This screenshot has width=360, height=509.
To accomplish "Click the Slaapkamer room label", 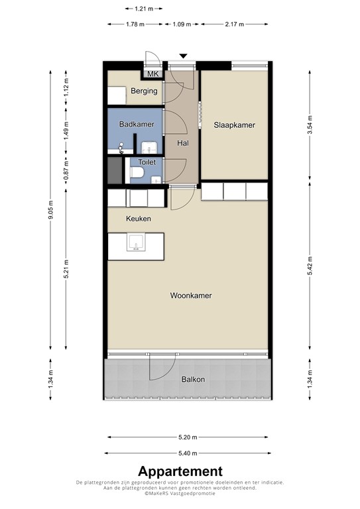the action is point(234,125).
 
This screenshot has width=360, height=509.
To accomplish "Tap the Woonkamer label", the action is point(191,296).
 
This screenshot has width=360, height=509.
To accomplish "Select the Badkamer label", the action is point(137,124).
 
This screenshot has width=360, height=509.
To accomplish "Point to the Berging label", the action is point(144,91).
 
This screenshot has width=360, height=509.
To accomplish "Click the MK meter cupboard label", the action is point(153,74).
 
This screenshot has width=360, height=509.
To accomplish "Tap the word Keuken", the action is point(139,219).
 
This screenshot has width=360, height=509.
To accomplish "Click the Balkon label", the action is point(193,379).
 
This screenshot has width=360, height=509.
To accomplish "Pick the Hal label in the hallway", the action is point(183,143).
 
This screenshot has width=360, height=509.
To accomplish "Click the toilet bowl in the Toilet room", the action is point(137,172).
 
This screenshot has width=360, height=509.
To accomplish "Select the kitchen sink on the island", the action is point(136,243).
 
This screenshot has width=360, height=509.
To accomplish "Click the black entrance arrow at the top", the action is point(184,56).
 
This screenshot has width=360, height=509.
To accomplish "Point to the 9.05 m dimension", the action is point(50,209).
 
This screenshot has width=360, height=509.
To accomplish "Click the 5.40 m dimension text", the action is point(188,453).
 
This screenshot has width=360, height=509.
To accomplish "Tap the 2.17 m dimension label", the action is point(235,24).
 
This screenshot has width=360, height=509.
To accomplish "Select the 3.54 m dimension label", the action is point(310,125).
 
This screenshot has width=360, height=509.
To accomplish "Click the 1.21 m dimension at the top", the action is point(144,9).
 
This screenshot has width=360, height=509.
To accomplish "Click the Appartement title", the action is point(180,471).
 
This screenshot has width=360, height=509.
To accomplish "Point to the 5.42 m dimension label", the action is point(310,266).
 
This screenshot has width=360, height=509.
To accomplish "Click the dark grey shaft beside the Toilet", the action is point(115,170).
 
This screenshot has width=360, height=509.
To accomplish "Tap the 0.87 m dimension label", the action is point(66,171).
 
